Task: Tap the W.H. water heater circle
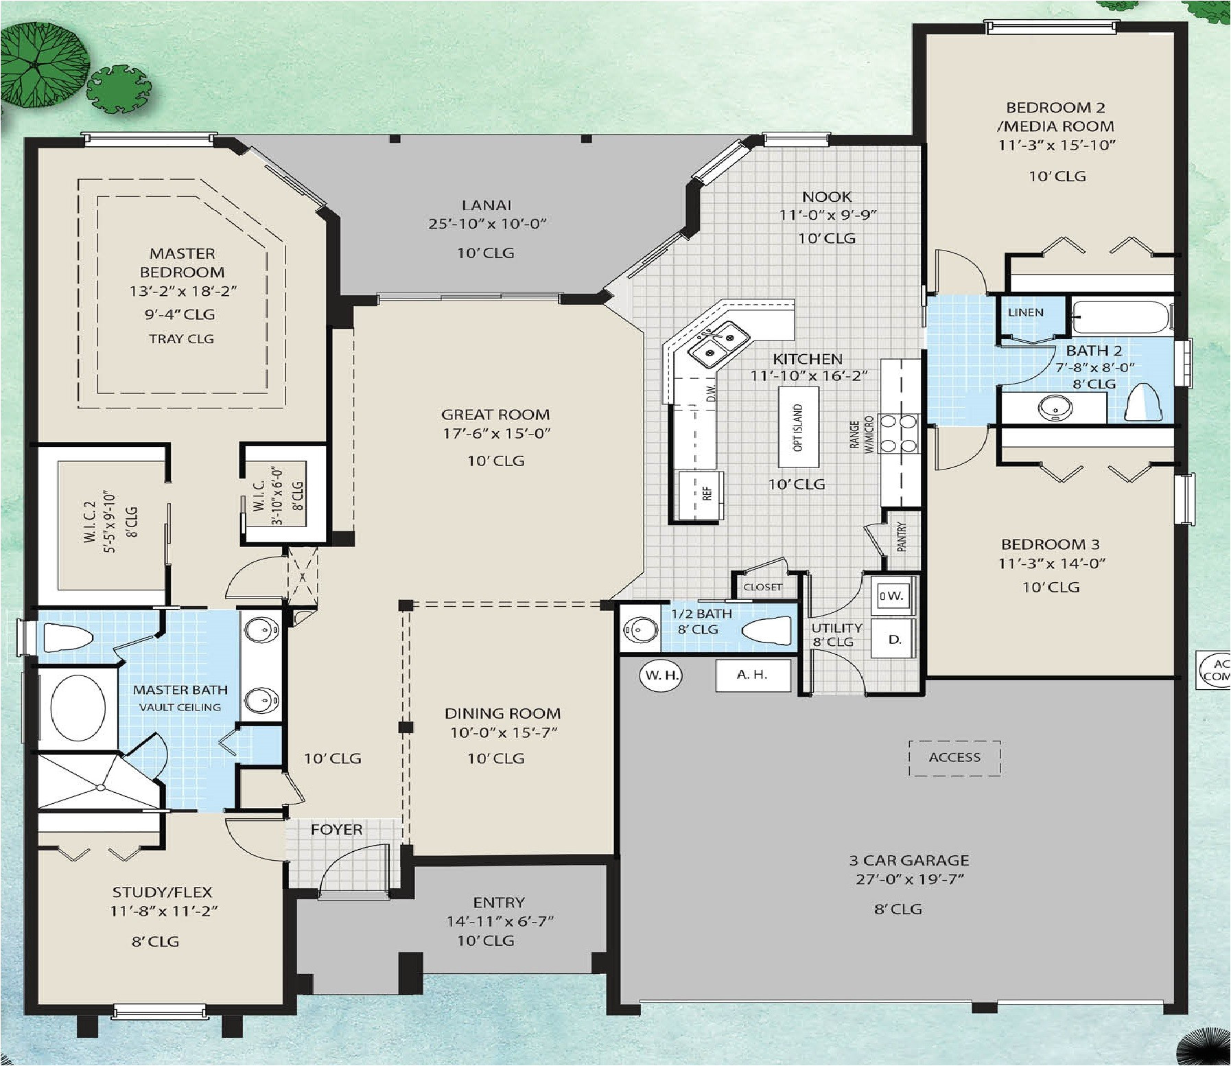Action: tap(661, 675)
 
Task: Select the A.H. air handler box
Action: tap(753, 675)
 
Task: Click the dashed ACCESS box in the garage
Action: tap(954, 758)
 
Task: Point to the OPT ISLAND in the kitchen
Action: tap(798, 428)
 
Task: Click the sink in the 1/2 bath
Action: tap(641, 629)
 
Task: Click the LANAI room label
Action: tap(486, 205)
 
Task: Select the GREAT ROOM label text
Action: tap(495, 415)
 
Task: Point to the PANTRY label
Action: tap(902, 537)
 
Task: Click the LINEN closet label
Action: tap(1026, 312)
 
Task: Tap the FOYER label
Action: tap(336, 830)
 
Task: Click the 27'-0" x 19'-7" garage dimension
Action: tap(910, 879)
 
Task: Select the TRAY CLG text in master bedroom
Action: tap(181, 339)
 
